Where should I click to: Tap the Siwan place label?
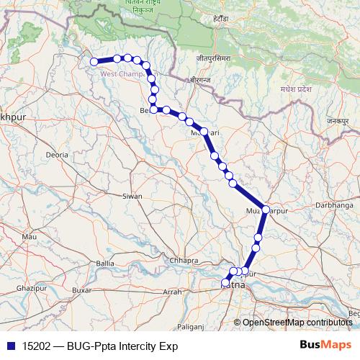[x=132, y=196]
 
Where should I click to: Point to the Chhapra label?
[x=182, y=260]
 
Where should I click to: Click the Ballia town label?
[x=104, y=263]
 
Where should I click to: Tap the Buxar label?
[x=84, y=290]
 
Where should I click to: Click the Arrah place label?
[x=173, y=292]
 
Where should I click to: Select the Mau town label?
[x=30, y=236]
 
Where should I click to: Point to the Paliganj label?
[x=190, y=326]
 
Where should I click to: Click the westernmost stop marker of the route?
[x=94, y=62]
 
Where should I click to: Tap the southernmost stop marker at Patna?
[x=225, y=283]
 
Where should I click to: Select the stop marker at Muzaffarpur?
[x=265, y=210]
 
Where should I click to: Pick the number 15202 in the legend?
[x=34, y=346]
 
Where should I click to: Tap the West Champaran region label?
[x=122, y=73]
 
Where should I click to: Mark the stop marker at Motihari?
[x=204, y=132]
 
